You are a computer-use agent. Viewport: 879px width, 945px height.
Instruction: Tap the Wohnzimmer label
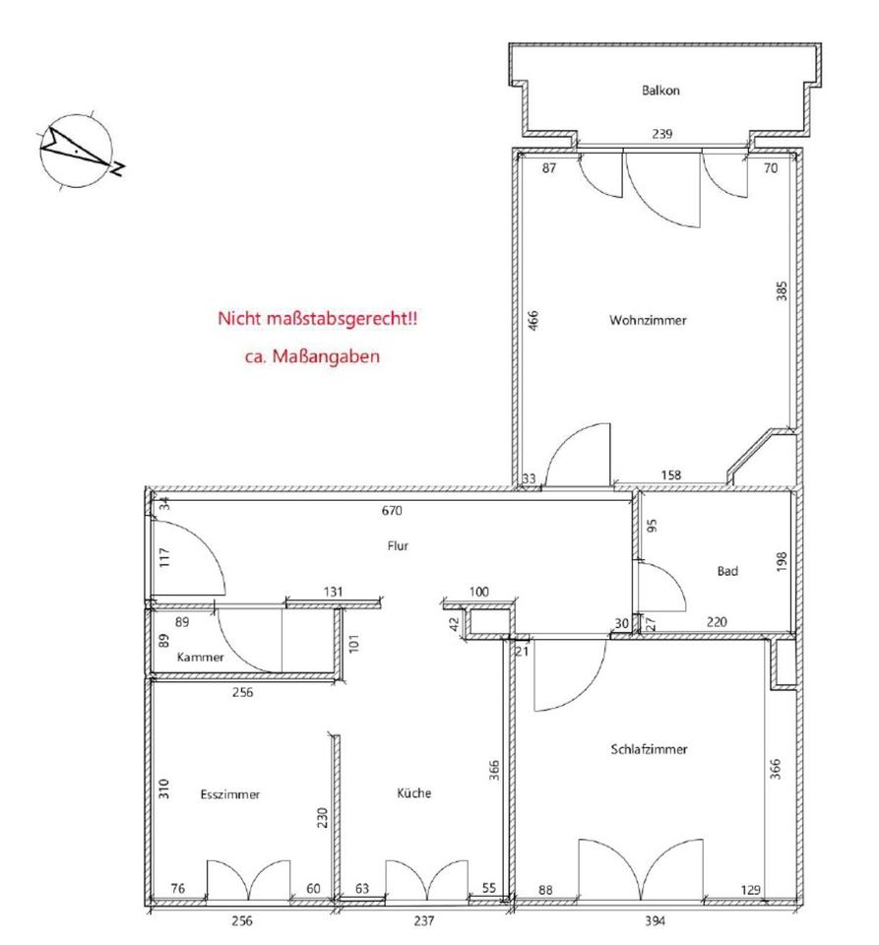click(x=647, y=320)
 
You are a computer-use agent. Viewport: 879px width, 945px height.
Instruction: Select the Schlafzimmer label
click(x=649, y=749)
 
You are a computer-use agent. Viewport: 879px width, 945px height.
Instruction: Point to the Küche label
click(x=414, y=792)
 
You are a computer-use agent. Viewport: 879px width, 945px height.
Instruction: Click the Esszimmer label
click(x=229, y=792)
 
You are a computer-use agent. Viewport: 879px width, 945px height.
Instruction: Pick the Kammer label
click(x=201, y=657)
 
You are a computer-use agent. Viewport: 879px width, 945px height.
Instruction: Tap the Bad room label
click(x=727, y=570)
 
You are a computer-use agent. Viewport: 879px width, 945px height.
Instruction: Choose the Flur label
click(x=399, y=545)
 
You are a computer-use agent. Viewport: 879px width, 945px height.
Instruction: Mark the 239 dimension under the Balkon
click(x=662, y=134)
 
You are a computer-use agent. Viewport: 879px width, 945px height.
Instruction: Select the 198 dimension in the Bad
click(x=781, y=562)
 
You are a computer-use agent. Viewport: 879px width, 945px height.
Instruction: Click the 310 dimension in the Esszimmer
click(x=163, y=788)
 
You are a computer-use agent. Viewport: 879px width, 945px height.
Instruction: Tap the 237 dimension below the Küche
click(x=423, y=921)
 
